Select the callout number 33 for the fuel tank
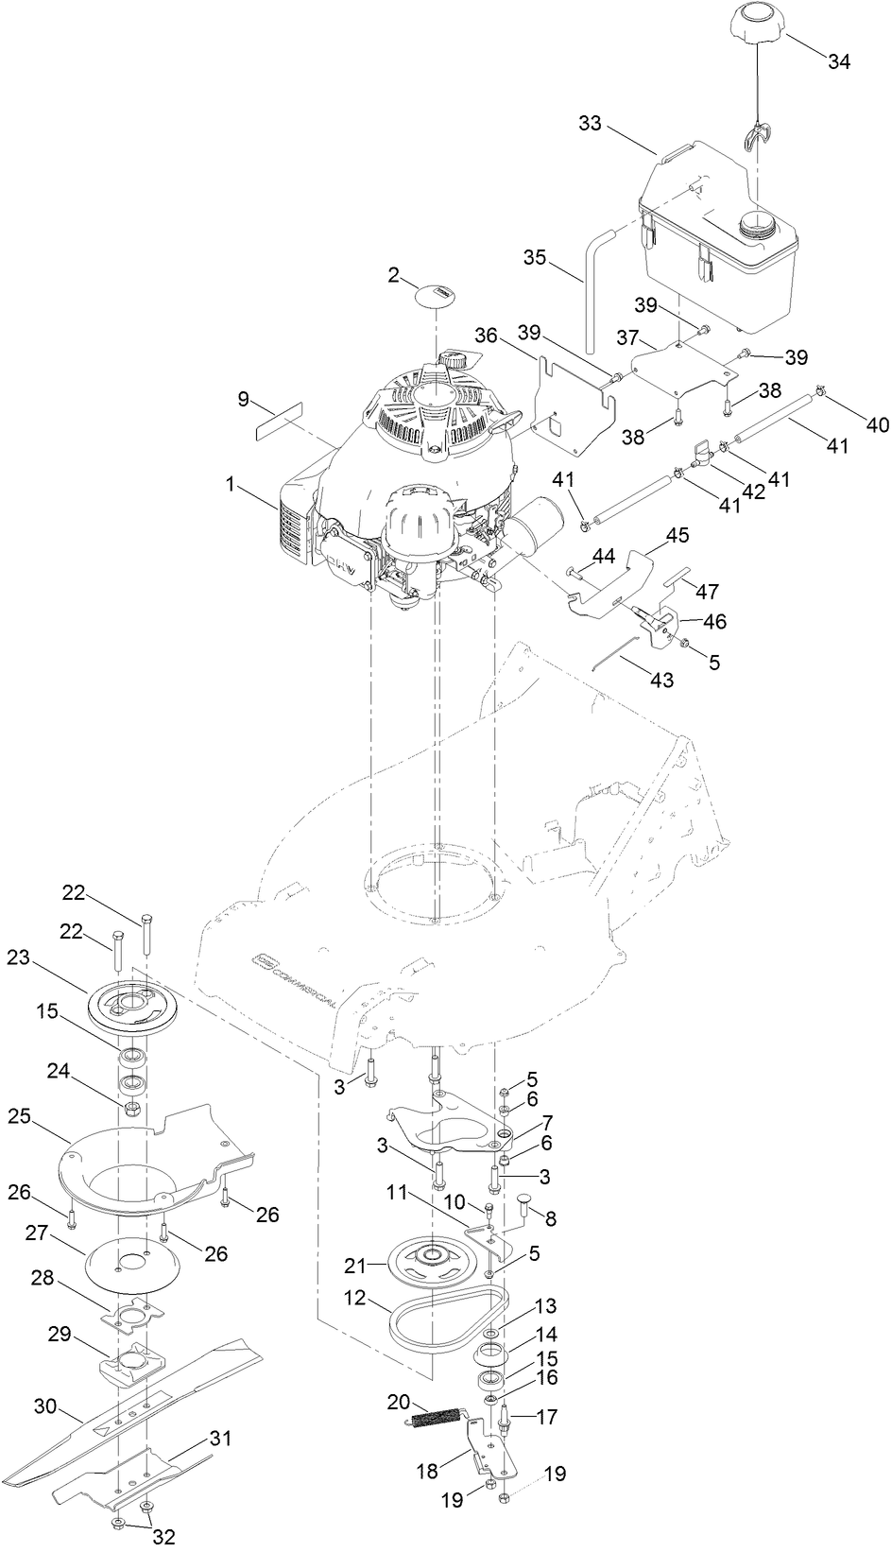coord(590,124)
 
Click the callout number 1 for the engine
coord(231,484)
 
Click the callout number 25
coord(45,1116)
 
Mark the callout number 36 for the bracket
coord(486,336)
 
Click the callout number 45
coord(678,535)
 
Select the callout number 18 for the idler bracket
coord(428,1473)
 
